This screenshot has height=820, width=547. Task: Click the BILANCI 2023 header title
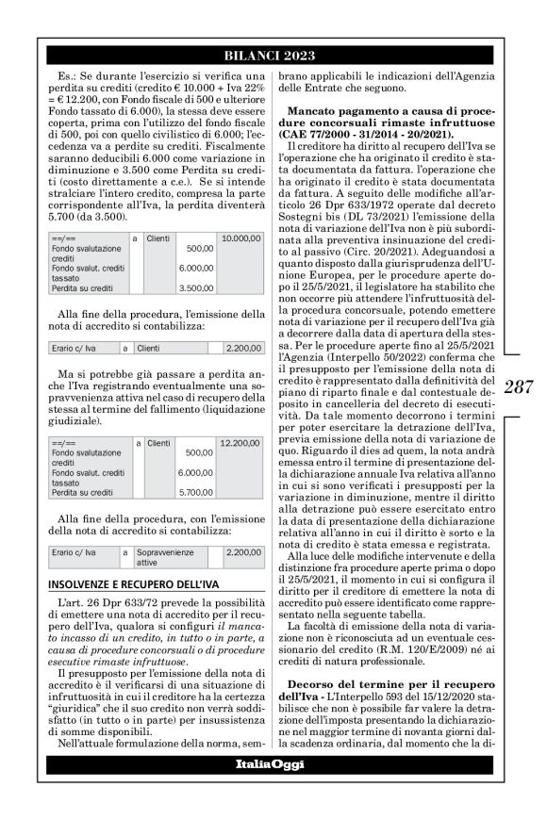pos(273,56)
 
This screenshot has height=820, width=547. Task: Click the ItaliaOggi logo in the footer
pos(273,790)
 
